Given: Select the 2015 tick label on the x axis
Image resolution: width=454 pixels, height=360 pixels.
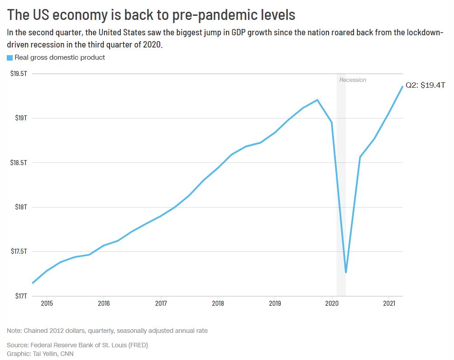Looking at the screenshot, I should coord(47,303).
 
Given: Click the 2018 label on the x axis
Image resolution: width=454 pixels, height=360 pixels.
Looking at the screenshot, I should coord(218,303).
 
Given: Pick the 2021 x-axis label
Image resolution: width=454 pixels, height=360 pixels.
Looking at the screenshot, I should coord(389,303).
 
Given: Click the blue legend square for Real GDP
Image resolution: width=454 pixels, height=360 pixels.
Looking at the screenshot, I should coord(10,57).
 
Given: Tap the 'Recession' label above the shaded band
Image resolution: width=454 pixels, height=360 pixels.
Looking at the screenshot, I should coord(353,80).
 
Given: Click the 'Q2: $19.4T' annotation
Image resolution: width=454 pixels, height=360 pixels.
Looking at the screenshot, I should coord(425,85).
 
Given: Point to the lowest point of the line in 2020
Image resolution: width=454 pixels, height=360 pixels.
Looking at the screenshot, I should coord(346,272).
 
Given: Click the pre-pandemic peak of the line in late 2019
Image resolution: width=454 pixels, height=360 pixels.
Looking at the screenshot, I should coord(317,99).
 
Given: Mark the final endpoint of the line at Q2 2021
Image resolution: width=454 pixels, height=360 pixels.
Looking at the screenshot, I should coord(402,86).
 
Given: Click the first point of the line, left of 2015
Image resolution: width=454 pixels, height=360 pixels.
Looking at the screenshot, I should coord(33,283).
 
